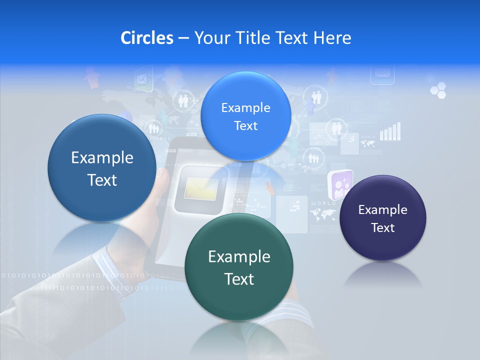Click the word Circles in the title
146,38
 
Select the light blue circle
245,116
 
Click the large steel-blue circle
102,168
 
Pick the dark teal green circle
239,267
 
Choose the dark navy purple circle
382,218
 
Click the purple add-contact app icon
340,184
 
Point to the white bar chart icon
390,131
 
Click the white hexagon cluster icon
438,90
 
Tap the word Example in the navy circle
382,210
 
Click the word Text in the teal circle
239,279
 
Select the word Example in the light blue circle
245,108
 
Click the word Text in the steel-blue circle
102,180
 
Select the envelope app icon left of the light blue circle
143,78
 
